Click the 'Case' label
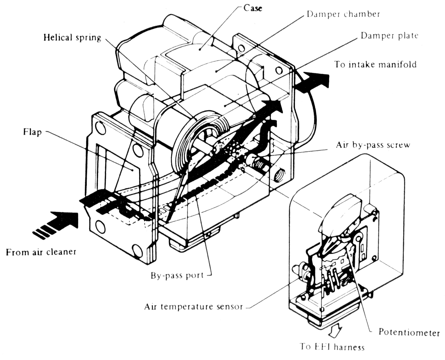[x=252, y=8]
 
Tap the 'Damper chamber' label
[x=343, y=14]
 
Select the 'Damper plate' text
[x=389, y=36]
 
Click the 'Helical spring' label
[x=72, y=38]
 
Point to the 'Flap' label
[x=32, y=132]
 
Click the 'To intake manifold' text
[x=375, y=65]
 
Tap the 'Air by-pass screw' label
[x=373, y=145]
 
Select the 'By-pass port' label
[x=177, y=275]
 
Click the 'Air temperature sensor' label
[x=193, y=306]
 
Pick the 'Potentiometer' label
[x=409, y=332]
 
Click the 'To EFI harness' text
[x=332, y=347]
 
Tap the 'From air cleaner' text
[x=41, y=252]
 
